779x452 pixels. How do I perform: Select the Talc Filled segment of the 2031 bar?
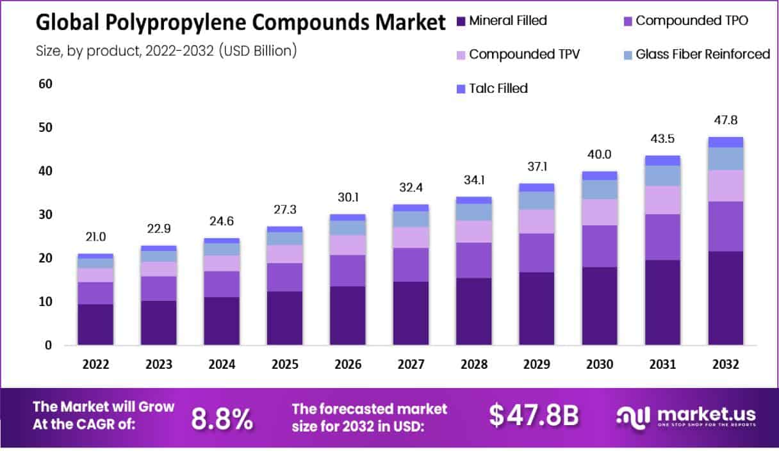point(662,160)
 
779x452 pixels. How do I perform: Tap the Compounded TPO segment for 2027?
point(411,264)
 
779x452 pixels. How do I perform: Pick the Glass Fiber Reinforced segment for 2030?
point(599,189)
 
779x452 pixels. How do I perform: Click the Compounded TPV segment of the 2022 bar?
point(95,275)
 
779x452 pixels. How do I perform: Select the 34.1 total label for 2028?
point(473,180)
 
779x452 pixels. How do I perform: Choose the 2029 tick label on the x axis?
point(537,364)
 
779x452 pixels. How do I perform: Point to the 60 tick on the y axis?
point(45,84)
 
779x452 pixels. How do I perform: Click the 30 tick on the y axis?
point(45,214)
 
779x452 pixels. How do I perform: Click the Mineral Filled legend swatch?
point(460,20)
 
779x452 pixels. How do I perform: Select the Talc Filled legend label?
point(498,88)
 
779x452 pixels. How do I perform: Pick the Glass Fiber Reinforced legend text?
point(703,54)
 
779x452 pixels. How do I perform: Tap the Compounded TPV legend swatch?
point(460,54)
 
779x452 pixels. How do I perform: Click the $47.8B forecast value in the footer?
point(534,416)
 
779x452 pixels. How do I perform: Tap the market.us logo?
point(685,416)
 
